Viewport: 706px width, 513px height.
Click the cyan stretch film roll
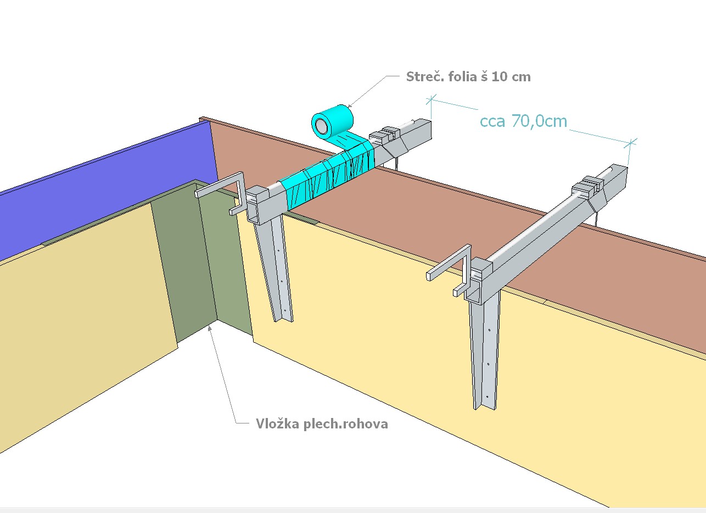(333, 121)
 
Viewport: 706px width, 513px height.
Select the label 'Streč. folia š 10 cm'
(468, 77)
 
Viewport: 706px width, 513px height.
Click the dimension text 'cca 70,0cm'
(523, 121)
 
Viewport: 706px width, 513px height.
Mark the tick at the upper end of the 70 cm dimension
(431, 100)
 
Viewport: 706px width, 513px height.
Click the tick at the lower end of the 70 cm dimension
(630, 144)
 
